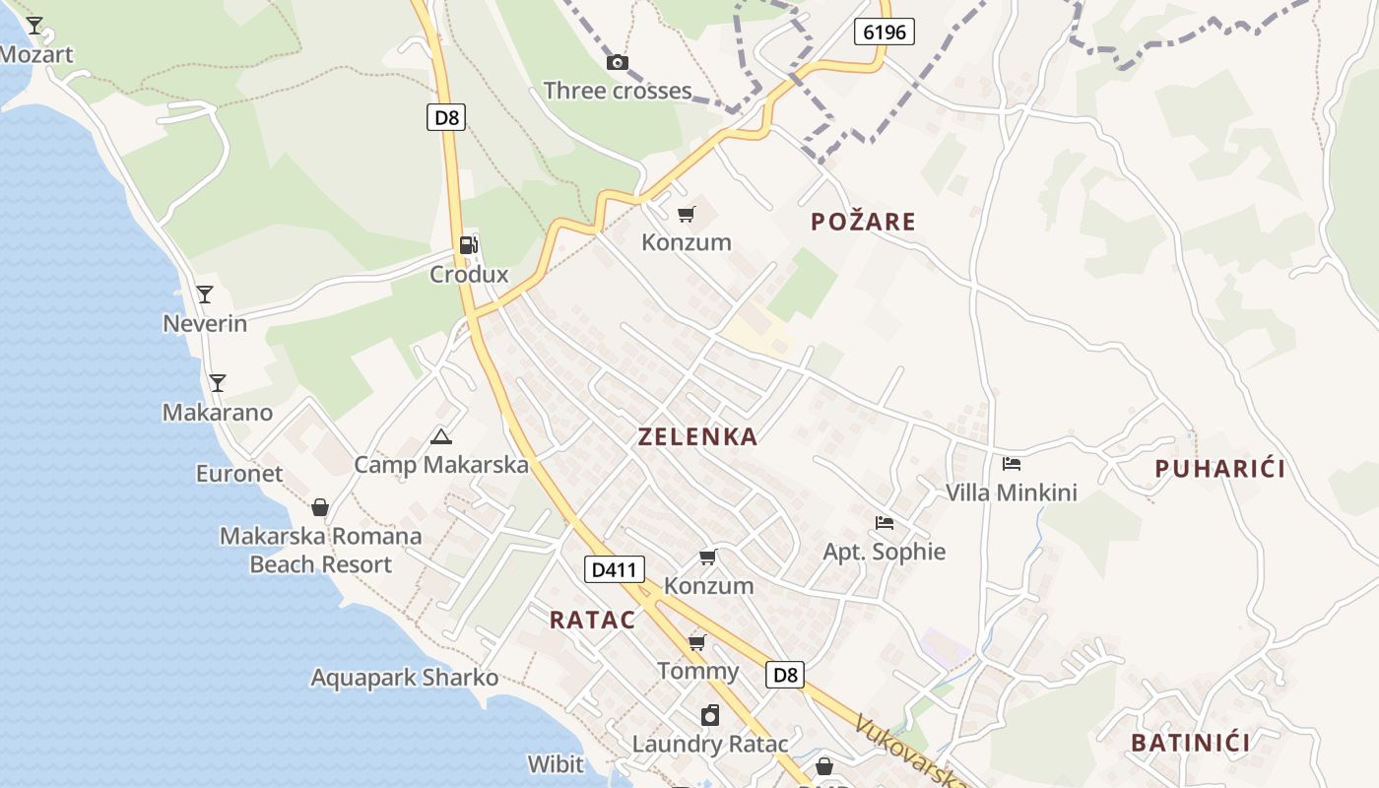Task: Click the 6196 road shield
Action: pyautogui.click(x=884, y=33)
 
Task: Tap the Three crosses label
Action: pyautogui.click(x=618, y=91)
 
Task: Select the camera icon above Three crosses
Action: pyautogui.click(x=618, y=63)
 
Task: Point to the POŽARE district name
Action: pyautogui.click(x=863, y=222)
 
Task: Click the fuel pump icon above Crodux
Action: pyautogui.click(x=469, y=245)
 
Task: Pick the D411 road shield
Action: pyautogui.click(x=615, y=569)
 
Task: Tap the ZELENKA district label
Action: pyautogui.click(x=697, y=437)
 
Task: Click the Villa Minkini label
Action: pyautogui.click(x=1012, y=492)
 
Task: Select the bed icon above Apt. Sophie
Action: pyautogui.click(x=885, y=523)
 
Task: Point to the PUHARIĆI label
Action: pyautogui.click(x=1219, y=469)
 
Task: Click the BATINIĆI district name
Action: pyautogui.click(x=1190, y=743)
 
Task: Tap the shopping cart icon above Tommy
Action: pyautogui.click(x=697, y=643)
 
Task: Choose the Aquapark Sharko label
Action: pyautogui.click(x=405, y=678)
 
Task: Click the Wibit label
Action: pyautogui.click(x=556, y=764)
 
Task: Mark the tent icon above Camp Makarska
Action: pyautogui.click(x=441, y=436)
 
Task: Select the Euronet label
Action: pyautogui.click(x=239, y=474)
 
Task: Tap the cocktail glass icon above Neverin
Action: pyautogui.click(x=205, y=295)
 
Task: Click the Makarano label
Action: pyautogui.click(x=218, y=413)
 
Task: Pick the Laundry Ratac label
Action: pyautogui.click(x=710, y=745)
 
